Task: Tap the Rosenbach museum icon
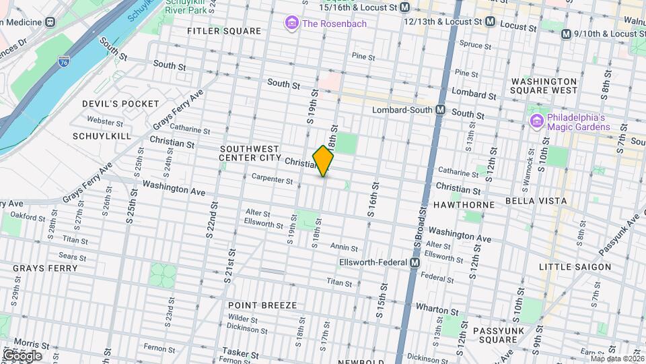coord(292,24)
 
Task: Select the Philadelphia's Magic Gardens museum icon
coord(536,121)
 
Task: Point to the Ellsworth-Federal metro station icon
coord(415,262)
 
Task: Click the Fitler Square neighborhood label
coord(224,31)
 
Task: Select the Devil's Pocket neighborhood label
coord(120,104)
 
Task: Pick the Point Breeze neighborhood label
coord(262,305)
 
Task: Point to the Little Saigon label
coord(575,267)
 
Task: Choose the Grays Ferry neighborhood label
coord(45,268)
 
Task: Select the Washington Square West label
coord(544,85)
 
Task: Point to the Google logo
coord(22,355)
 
